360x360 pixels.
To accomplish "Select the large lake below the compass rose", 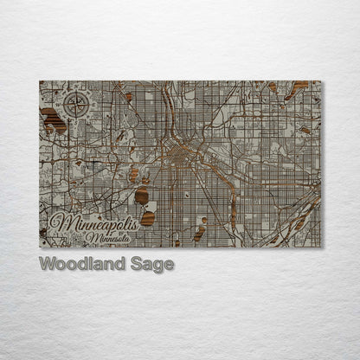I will tap(54, 120).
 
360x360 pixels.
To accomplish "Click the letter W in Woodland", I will tap(48, 264).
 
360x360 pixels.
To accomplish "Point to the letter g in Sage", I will tap(157, 267).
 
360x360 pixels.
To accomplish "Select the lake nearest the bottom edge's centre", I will tap(199, 232).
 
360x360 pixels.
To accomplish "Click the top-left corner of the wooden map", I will tap(40, 81).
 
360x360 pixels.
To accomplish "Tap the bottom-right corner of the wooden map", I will tap(320, 247).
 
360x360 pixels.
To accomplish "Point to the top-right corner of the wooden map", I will tap(320, 81).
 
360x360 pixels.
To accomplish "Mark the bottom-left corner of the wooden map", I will tap(40, 247).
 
